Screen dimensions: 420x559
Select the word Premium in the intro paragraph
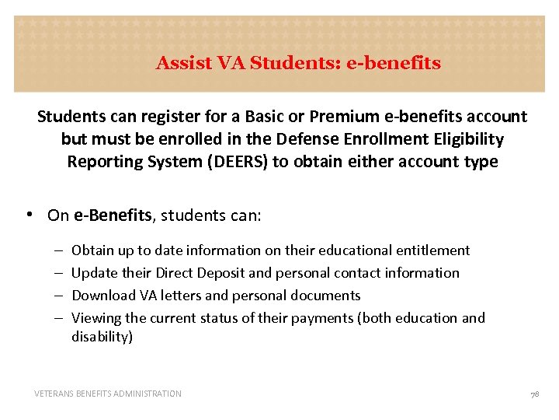pos(342,117)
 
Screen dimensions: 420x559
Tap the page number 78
pos(534,394)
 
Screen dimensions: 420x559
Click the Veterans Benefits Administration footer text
pos(108,394)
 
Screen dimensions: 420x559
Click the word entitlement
pos(432,250)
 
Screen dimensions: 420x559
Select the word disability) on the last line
pos(102,337)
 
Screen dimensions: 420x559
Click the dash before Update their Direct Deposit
pos(59,273)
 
